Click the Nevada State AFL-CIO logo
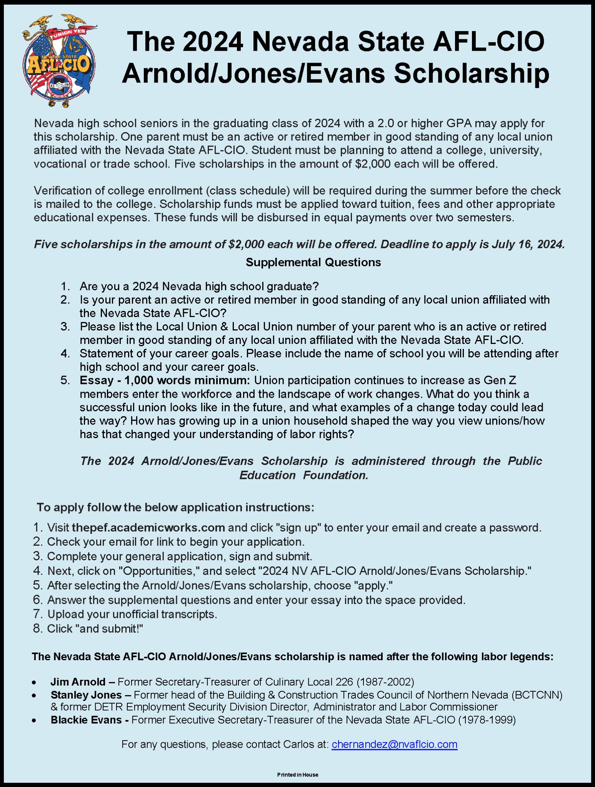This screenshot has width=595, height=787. pos(59,61)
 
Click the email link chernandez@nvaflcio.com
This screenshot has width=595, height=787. pos(394,744)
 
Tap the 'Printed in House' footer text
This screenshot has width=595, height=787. pos(298,775)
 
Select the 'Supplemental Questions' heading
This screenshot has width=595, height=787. pos(313,262)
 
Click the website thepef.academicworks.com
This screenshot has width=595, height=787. pos(148,527)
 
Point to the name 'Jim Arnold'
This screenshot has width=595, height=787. pos(78,682)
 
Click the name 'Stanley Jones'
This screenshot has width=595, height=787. pos(86,695)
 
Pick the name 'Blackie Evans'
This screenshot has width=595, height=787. pos(86,719)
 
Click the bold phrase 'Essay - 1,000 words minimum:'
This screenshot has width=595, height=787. pos(165,380)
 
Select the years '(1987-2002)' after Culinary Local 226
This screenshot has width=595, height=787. pos(385,682)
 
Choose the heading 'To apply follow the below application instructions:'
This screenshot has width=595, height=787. pos(175,507)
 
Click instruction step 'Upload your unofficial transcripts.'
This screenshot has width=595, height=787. pos(132,614)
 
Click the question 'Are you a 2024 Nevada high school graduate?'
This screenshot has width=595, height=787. pos(199,286)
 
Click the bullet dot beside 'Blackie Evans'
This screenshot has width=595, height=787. pos(35,720)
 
